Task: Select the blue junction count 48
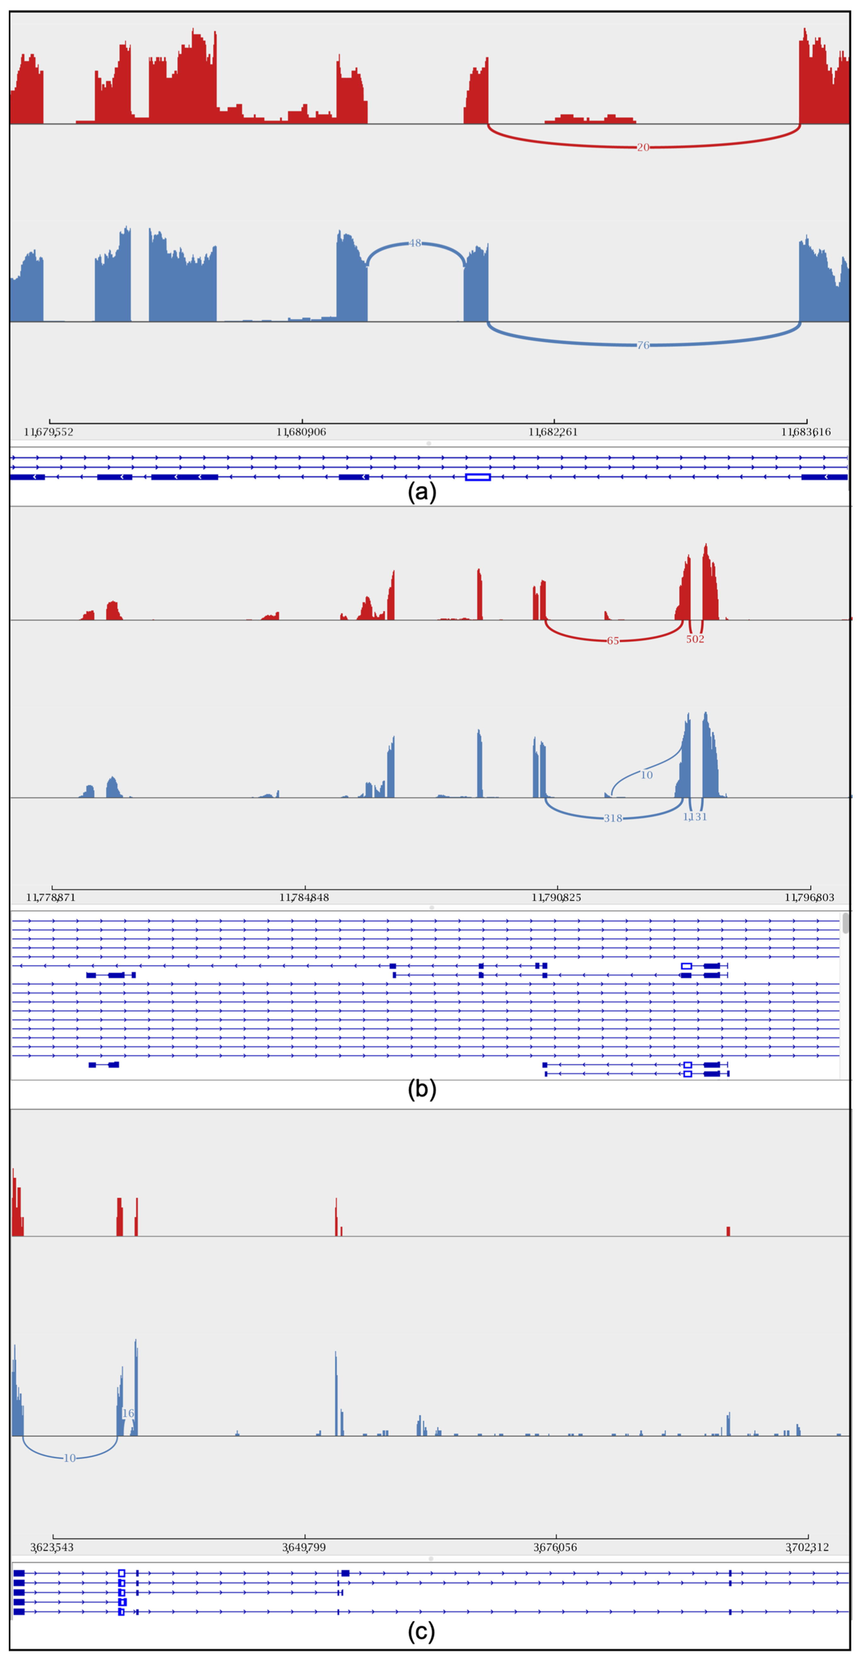(415, 243)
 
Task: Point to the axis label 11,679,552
(49, 432)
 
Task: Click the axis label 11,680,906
(301, 432)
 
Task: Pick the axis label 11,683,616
(806, 432)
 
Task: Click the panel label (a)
(422, 492)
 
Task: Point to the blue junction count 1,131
(694, 817)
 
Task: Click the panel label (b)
(422, 1089)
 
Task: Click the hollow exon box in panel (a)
(477, 477)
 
